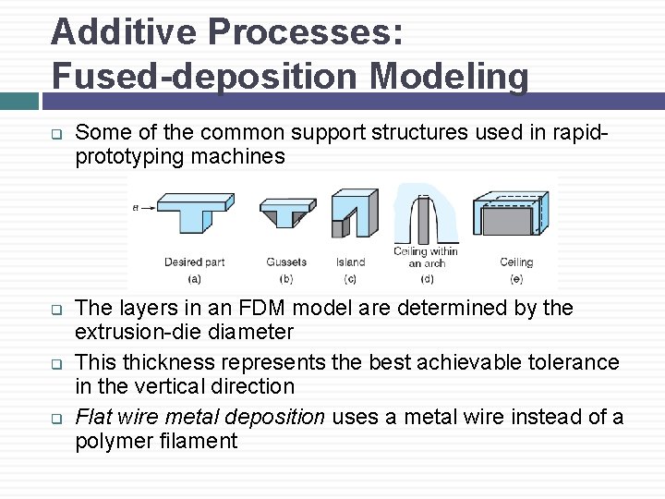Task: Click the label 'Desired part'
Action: click(x=195, y=262)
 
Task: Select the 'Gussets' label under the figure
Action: click(x=286, y=262)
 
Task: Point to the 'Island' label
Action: click(x=351, y=262)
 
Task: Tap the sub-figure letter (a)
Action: click(x=195, y=278)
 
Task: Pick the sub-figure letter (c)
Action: click(x=350, y=278)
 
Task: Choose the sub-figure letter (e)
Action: click(x=516, y=278)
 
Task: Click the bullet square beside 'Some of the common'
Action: click(x=55, y=133)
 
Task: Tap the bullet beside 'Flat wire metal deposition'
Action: click(x=55, y=419)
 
